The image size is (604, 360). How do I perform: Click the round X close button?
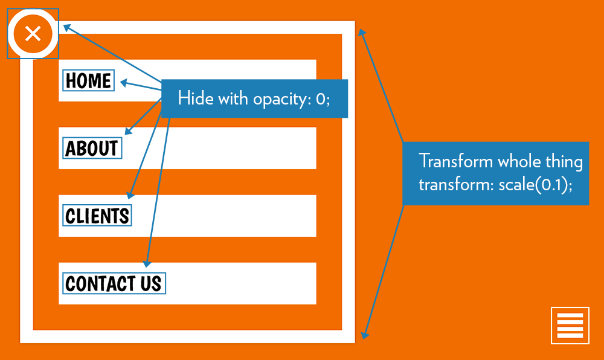33,33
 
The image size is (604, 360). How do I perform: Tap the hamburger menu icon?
570,325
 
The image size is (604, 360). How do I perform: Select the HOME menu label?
88,80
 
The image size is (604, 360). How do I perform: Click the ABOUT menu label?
92,148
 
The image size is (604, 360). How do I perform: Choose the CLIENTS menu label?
97,216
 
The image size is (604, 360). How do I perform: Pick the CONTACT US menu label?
114,283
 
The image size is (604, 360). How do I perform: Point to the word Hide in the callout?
191,98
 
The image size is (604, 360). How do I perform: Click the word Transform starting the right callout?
457,162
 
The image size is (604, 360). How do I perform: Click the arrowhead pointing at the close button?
67,27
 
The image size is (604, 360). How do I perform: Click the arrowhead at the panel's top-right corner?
361,34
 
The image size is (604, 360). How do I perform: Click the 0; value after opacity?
323,98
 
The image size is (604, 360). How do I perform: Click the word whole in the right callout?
517,162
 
